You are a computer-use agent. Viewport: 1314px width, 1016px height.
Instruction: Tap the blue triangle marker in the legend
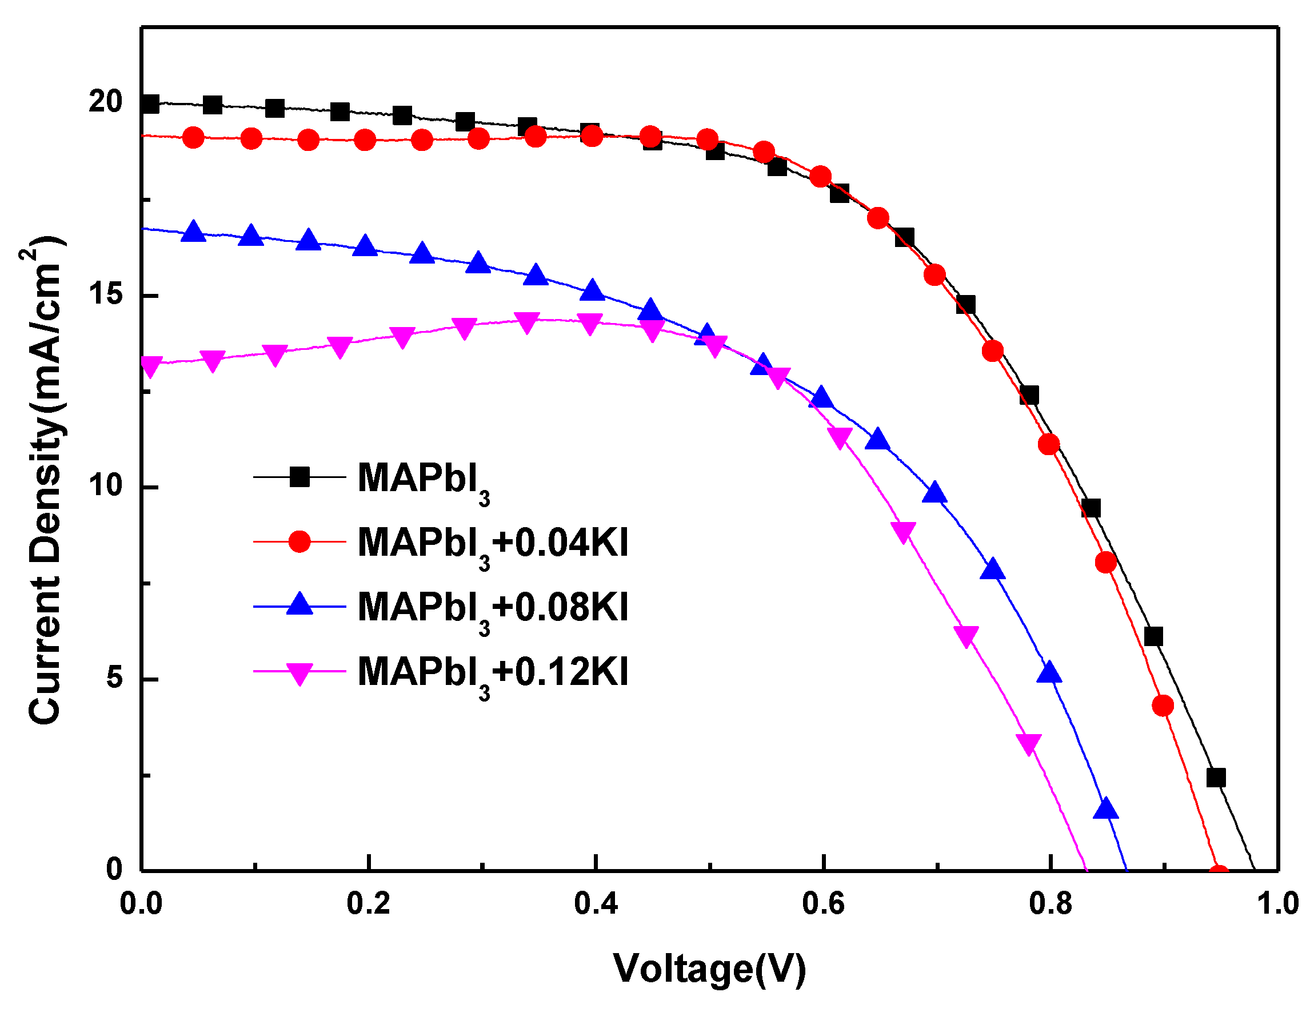point(299,604)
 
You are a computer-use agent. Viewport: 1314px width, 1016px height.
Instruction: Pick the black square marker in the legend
point(299,477)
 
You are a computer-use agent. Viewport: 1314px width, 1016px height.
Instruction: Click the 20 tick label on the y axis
point(105,101)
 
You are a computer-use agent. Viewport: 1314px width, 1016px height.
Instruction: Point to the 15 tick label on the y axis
point(105,294)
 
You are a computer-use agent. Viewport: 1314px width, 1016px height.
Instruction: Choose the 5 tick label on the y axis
point(114,678)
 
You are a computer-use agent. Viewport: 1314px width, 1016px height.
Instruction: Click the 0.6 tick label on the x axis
point(823,904)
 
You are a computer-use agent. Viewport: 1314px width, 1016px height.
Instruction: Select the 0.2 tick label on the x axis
point(368,904)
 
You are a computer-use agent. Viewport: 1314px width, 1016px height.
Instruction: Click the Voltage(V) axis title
point(709,969)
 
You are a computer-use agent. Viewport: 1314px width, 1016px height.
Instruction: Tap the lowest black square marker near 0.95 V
point(1216,778)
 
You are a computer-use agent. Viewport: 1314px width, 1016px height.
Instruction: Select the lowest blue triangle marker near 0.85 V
point(1106,809)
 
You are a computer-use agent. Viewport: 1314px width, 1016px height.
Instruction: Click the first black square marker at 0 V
point(150,103)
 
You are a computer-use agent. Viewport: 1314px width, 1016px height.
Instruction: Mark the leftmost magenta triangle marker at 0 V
point(150,366)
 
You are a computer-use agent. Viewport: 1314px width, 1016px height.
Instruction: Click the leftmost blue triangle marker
point(193,232)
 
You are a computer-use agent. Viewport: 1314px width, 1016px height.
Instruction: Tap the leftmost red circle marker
point(193,138)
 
